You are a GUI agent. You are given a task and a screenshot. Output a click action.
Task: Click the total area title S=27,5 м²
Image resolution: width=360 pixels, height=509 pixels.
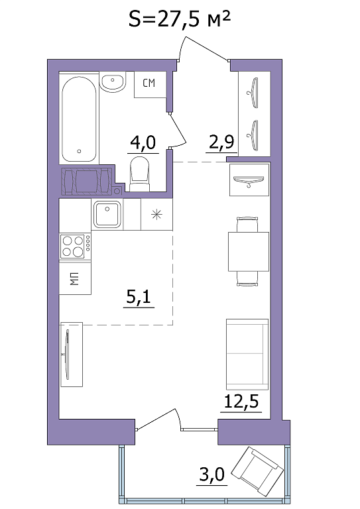click(x=180, y=20)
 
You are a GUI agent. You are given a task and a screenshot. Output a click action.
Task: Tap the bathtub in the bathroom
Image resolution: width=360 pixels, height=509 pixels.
click(x=79, y=119)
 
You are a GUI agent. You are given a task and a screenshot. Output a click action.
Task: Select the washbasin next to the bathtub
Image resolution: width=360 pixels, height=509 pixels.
click(x=112, y=82)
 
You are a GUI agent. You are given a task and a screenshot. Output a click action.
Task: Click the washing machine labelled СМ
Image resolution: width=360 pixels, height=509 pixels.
click(x=150, y=84)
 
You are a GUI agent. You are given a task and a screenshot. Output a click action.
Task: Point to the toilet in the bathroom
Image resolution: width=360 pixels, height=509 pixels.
click(x=140, y=174)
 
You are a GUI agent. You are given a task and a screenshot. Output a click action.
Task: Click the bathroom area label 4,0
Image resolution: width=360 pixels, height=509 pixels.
click(x=143, y=143)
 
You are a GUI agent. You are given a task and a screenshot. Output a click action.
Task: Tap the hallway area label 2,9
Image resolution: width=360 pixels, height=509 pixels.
click(x=221, y=142)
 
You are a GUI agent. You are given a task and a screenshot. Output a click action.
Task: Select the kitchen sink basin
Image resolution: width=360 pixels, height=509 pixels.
click(x=107, y=214)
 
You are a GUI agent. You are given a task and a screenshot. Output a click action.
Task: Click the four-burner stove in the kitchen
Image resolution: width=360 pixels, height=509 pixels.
click(x=76, y=247)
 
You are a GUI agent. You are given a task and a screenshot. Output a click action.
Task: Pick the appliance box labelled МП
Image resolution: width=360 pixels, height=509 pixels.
click(x=75, y=278)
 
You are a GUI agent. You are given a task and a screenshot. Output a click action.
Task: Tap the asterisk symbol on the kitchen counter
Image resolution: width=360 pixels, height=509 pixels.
click(x=156, y=214)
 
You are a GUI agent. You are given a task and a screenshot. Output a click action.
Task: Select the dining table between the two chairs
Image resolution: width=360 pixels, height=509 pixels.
click(x=249, y=252)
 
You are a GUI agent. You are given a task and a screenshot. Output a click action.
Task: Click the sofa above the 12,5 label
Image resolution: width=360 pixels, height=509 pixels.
click(x=247, y=354)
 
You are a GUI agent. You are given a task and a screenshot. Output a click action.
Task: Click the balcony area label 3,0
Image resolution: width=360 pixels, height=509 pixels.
click(x=212, y=475)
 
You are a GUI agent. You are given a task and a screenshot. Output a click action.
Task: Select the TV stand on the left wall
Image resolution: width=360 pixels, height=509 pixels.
click(x=72, y=354)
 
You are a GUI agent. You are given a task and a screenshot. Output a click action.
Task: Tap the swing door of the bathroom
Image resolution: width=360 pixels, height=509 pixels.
click(x=178, y=130)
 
